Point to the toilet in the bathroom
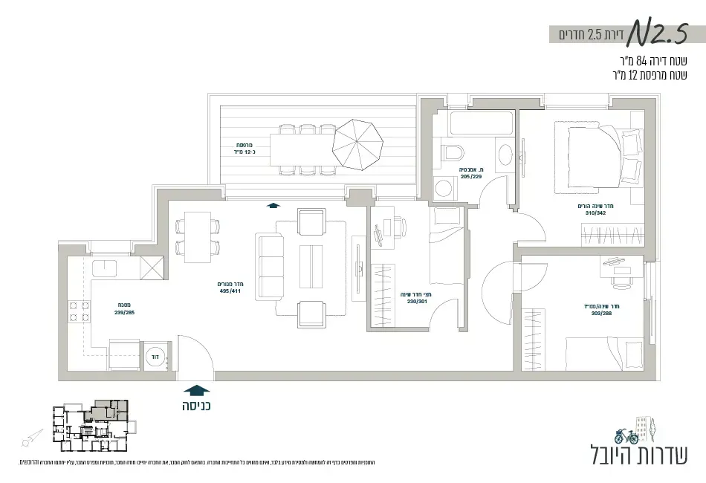[x=452, y=154]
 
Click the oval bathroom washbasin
[x=505, y=155]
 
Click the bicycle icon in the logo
[x=626, y=435]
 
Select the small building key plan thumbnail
[x=89, y=427]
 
